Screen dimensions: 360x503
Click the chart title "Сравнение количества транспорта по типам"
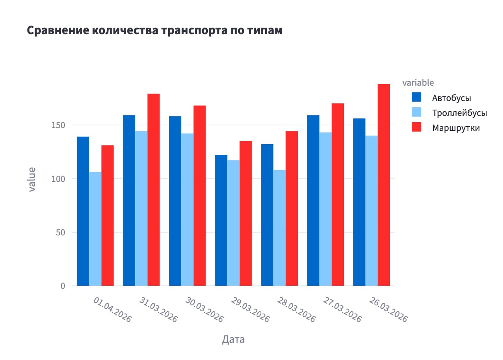[154, 31]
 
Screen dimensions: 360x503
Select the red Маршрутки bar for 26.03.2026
[384, 185]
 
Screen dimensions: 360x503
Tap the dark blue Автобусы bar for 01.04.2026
[83, 211]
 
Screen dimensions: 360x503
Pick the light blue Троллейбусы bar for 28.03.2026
[279, 228]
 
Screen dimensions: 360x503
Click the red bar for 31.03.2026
[154, 189]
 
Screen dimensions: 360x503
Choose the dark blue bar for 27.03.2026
[313, 200]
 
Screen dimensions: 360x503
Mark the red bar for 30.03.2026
[200, 195]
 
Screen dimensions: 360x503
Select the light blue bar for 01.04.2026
[95, 229]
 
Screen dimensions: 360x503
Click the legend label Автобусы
[452, 98]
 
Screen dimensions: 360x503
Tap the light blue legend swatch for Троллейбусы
[417, 112]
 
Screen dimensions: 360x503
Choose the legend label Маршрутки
[456, 128]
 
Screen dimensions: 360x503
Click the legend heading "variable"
[418, 83]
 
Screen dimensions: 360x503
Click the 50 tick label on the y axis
[60, 232]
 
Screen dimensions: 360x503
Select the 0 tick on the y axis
[62, 286]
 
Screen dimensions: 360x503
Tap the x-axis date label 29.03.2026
[250, 310]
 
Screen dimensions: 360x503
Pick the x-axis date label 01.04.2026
[112, 310]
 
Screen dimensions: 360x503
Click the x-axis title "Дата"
[233, 339]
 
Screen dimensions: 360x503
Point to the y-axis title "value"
[32, 179]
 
